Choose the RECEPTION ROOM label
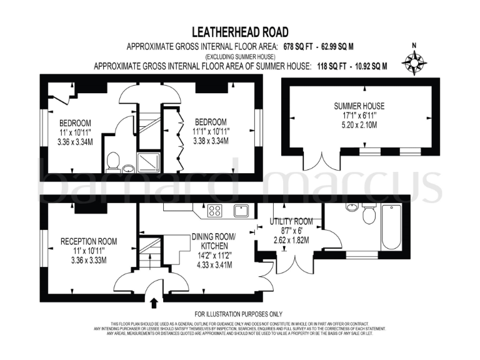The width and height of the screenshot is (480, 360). (x=89, y=241)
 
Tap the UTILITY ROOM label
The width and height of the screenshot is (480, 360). (x=291, y=221)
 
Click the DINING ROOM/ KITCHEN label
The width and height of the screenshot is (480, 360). (x=214, y=241)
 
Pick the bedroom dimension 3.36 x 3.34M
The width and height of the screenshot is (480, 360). (x=76, y=141)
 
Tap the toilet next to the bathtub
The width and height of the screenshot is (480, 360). (x=369, y=216)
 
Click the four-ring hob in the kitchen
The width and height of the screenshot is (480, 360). (x=216, y=211)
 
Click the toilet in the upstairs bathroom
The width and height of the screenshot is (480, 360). (x=112, y=162)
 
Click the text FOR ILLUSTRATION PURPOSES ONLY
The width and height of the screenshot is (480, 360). (x=239, y=313)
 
